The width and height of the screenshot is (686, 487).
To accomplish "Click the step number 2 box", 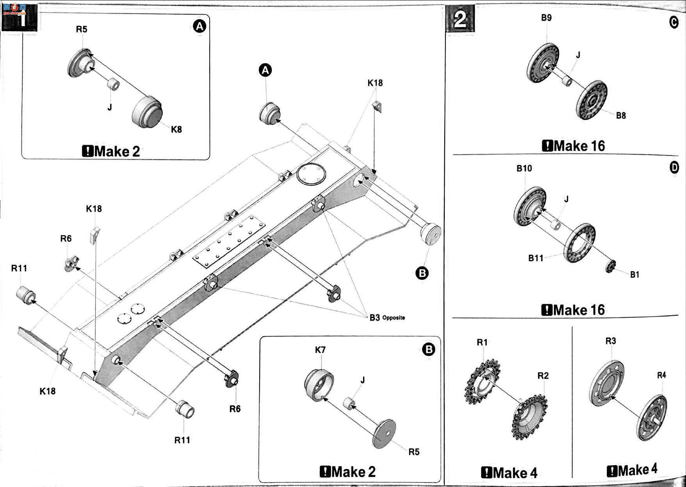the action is pos(460,18).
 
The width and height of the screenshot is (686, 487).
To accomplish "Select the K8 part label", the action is pos(176,129).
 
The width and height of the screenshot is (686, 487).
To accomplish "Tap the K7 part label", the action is pos(320,350).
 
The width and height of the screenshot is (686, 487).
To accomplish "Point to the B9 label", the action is pos(546,18).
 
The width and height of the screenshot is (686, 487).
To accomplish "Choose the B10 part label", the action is pos(524,168).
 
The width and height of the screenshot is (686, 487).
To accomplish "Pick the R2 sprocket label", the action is pos(543,376).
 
